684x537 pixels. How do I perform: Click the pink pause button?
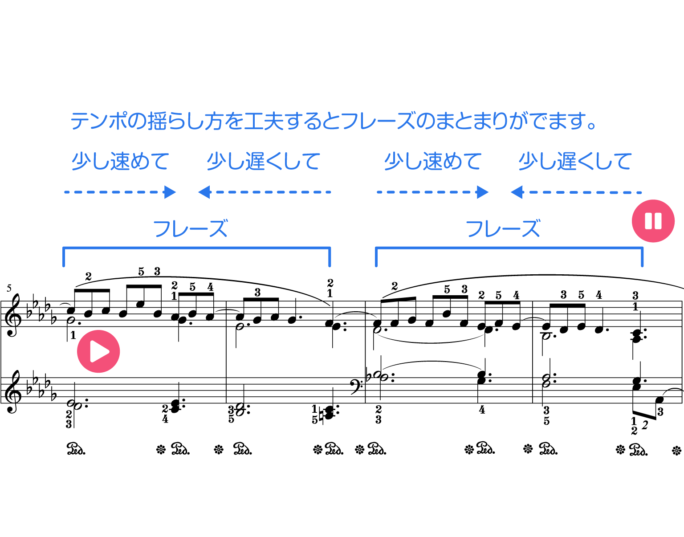point(653,221)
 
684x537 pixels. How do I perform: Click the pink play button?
point(98,351)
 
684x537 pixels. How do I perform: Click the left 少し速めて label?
point(120,161)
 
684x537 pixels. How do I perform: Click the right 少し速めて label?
point(433,161)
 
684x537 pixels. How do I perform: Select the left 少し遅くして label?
point(263,161)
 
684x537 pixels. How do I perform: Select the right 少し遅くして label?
point(575,161)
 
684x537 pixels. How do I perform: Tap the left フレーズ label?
point(190,229)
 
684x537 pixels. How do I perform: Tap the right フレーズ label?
point(503,229)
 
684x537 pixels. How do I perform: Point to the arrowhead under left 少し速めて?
point(170,192)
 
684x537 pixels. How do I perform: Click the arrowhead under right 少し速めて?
point(483,192)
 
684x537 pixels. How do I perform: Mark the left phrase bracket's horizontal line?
point(196,248)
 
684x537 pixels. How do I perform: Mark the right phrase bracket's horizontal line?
point(509,248)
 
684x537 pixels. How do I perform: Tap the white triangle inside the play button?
point(99,351)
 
